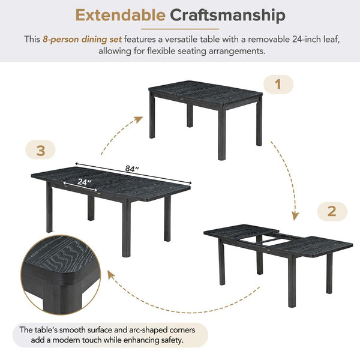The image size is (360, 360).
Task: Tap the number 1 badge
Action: coord(278,85)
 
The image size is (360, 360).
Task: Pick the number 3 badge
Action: coord(41,151)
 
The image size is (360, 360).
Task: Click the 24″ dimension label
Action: coord(83,181)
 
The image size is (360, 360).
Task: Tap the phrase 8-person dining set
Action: coord(82,40)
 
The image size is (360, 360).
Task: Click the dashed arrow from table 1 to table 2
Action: coord(286,174)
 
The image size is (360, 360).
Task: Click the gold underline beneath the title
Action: coord(179,28)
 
